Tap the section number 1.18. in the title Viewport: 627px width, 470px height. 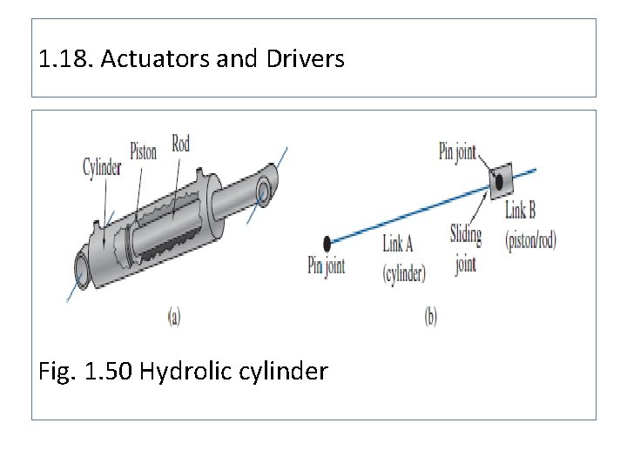[67, 59]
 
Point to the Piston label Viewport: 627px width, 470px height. [143, 151]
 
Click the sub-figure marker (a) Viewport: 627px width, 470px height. [174, 317]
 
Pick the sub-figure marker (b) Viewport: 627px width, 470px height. [431, 317]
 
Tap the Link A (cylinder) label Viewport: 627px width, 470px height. [403, 258]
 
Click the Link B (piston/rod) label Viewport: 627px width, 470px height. [529, 225]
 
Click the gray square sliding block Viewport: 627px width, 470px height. [497, 181]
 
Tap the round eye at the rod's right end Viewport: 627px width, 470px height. [264, 189]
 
